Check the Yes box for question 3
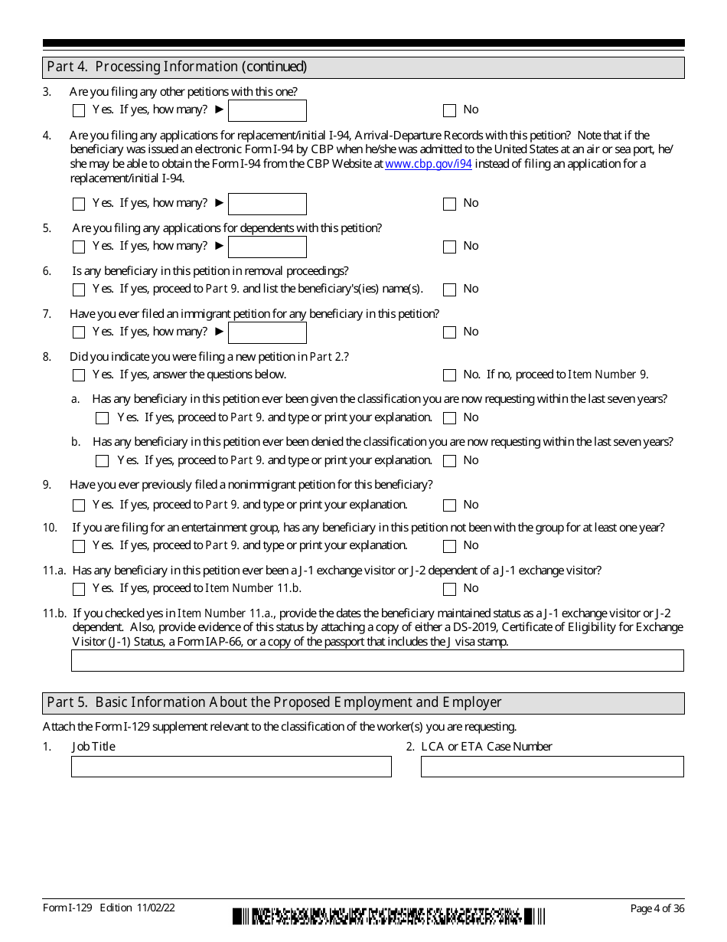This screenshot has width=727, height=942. point(79,110)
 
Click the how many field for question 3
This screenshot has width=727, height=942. point(267,110)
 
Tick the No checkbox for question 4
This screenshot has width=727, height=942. point(449,204)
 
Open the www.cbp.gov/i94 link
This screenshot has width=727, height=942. point(429,164)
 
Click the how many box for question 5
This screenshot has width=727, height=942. point(267,247)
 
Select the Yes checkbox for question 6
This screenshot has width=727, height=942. point(79,289)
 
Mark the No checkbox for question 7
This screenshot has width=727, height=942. point(449,332)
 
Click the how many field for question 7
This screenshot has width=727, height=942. point(267,332)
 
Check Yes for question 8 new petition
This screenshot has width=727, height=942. point(79,375)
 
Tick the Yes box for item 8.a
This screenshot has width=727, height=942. point(103,418)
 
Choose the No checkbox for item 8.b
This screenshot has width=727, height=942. point(449,461)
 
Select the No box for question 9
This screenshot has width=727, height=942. point(449,505)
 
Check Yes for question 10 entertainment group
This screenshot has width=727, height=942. point(79,546)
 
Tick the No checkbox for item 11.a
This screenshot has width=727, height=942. point(449,589)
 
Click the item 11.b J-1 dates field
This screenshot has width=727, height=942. point(377,660)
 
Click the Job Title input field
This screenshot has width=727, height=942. point(231,767)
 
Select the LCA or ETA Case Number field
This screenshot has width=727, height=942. point(552,767)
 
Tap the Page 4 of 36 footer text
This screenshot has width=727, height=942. point(657,908)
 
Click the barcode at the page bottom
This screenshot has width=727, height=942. point(389,917)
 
